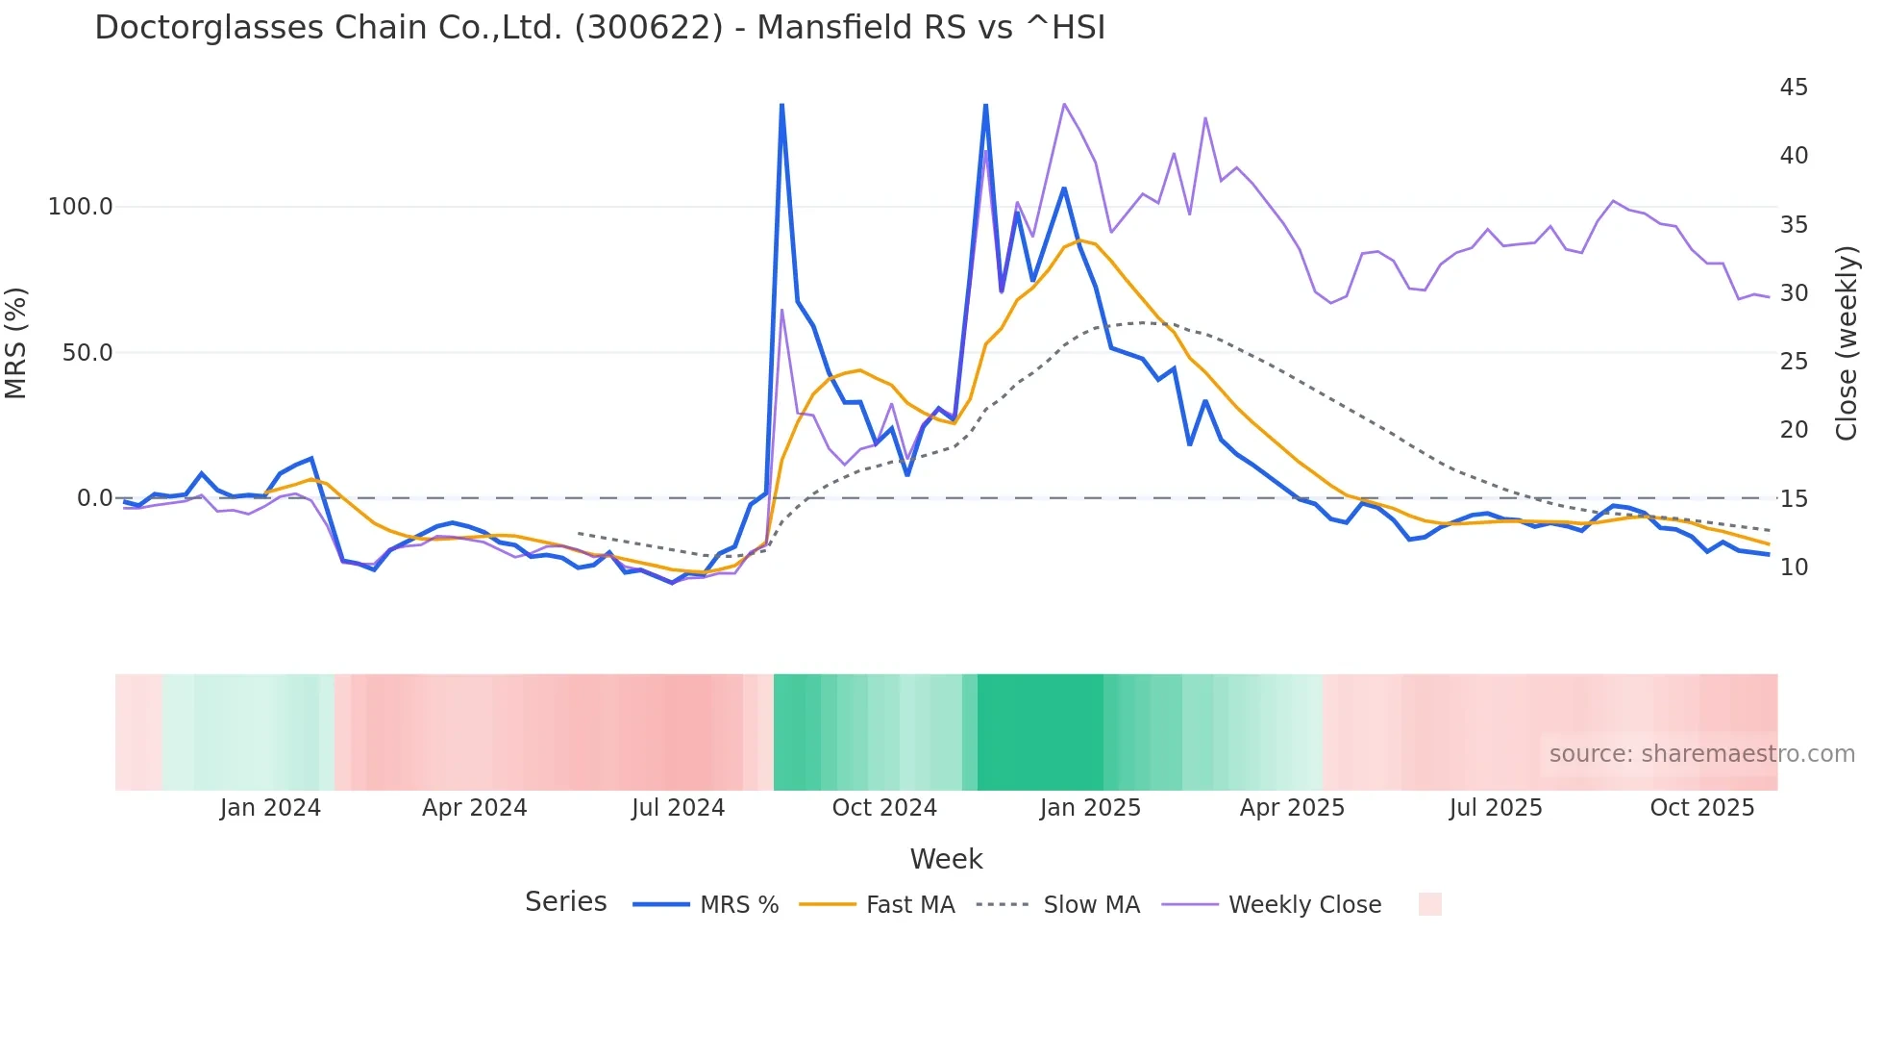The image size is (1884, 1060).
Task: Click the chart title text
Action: [600, 28]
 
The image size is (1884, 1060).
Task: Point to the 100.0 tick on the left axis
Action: [81, 207]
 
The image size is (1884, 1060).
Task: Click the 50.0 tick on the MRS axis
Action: [87, 353]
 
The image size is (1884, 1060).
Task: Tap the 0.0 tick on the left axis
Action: [94, 498]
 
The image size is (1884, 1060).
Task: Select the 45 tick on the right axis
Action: [1794, 88]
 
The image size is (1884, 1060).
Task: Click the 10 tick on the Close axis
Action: [1794, 568]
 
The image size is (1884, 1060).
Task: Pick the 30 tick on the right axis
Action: [1794, 293]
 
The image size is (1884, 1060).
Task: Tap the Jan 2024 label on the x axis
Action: [270, 808]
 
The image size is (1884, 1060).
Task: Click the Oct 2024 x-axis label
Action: [884, 808]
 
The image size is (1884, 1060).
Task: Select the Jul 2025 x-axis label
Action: [1496, 808]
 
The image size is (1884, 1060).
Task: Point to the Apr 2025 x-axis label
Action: [1292, 808]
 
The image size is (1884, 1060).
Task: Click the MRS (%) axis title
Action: [15, 342]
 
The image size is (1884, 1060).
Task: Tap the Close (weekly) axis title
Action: [1847, 343]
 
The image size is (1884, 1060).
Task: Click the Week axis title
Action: [946, 859]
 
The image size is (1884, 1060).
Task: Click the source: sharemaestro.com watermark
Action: [1701, 754]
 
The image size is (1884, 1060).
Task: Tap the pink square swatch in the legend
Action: [1429, 904]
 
